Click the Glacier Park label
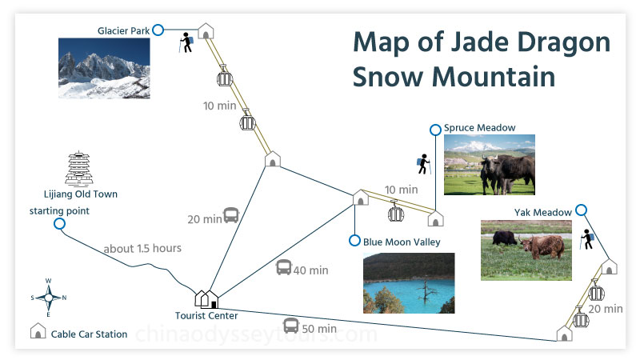(x=123, y=30)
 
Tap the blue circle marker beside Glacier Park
(x=158, y=30)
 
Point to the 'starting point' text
(x=59, y=210)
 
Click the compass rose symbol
(x=48, y=297)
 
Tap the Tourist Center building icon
(x=207, y=298)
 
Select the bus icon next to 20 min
(x=231, y=215)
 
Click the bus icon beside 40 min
(x=284, y=268)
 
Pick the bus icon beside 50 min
(x=291, y=326)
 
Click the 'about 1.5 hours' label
(x=142, y=248)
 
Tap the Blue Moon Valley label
(x=402, y=242)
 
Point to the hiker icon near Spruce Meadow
(x=423, y=165)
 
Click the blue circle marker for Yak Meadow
(x=582, y=210)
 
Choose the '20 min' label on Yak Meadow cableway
(x=606, y=308)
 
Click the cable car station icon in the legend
(x=37, y=332)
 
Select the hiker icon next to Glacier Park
(x=187, y=42)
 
